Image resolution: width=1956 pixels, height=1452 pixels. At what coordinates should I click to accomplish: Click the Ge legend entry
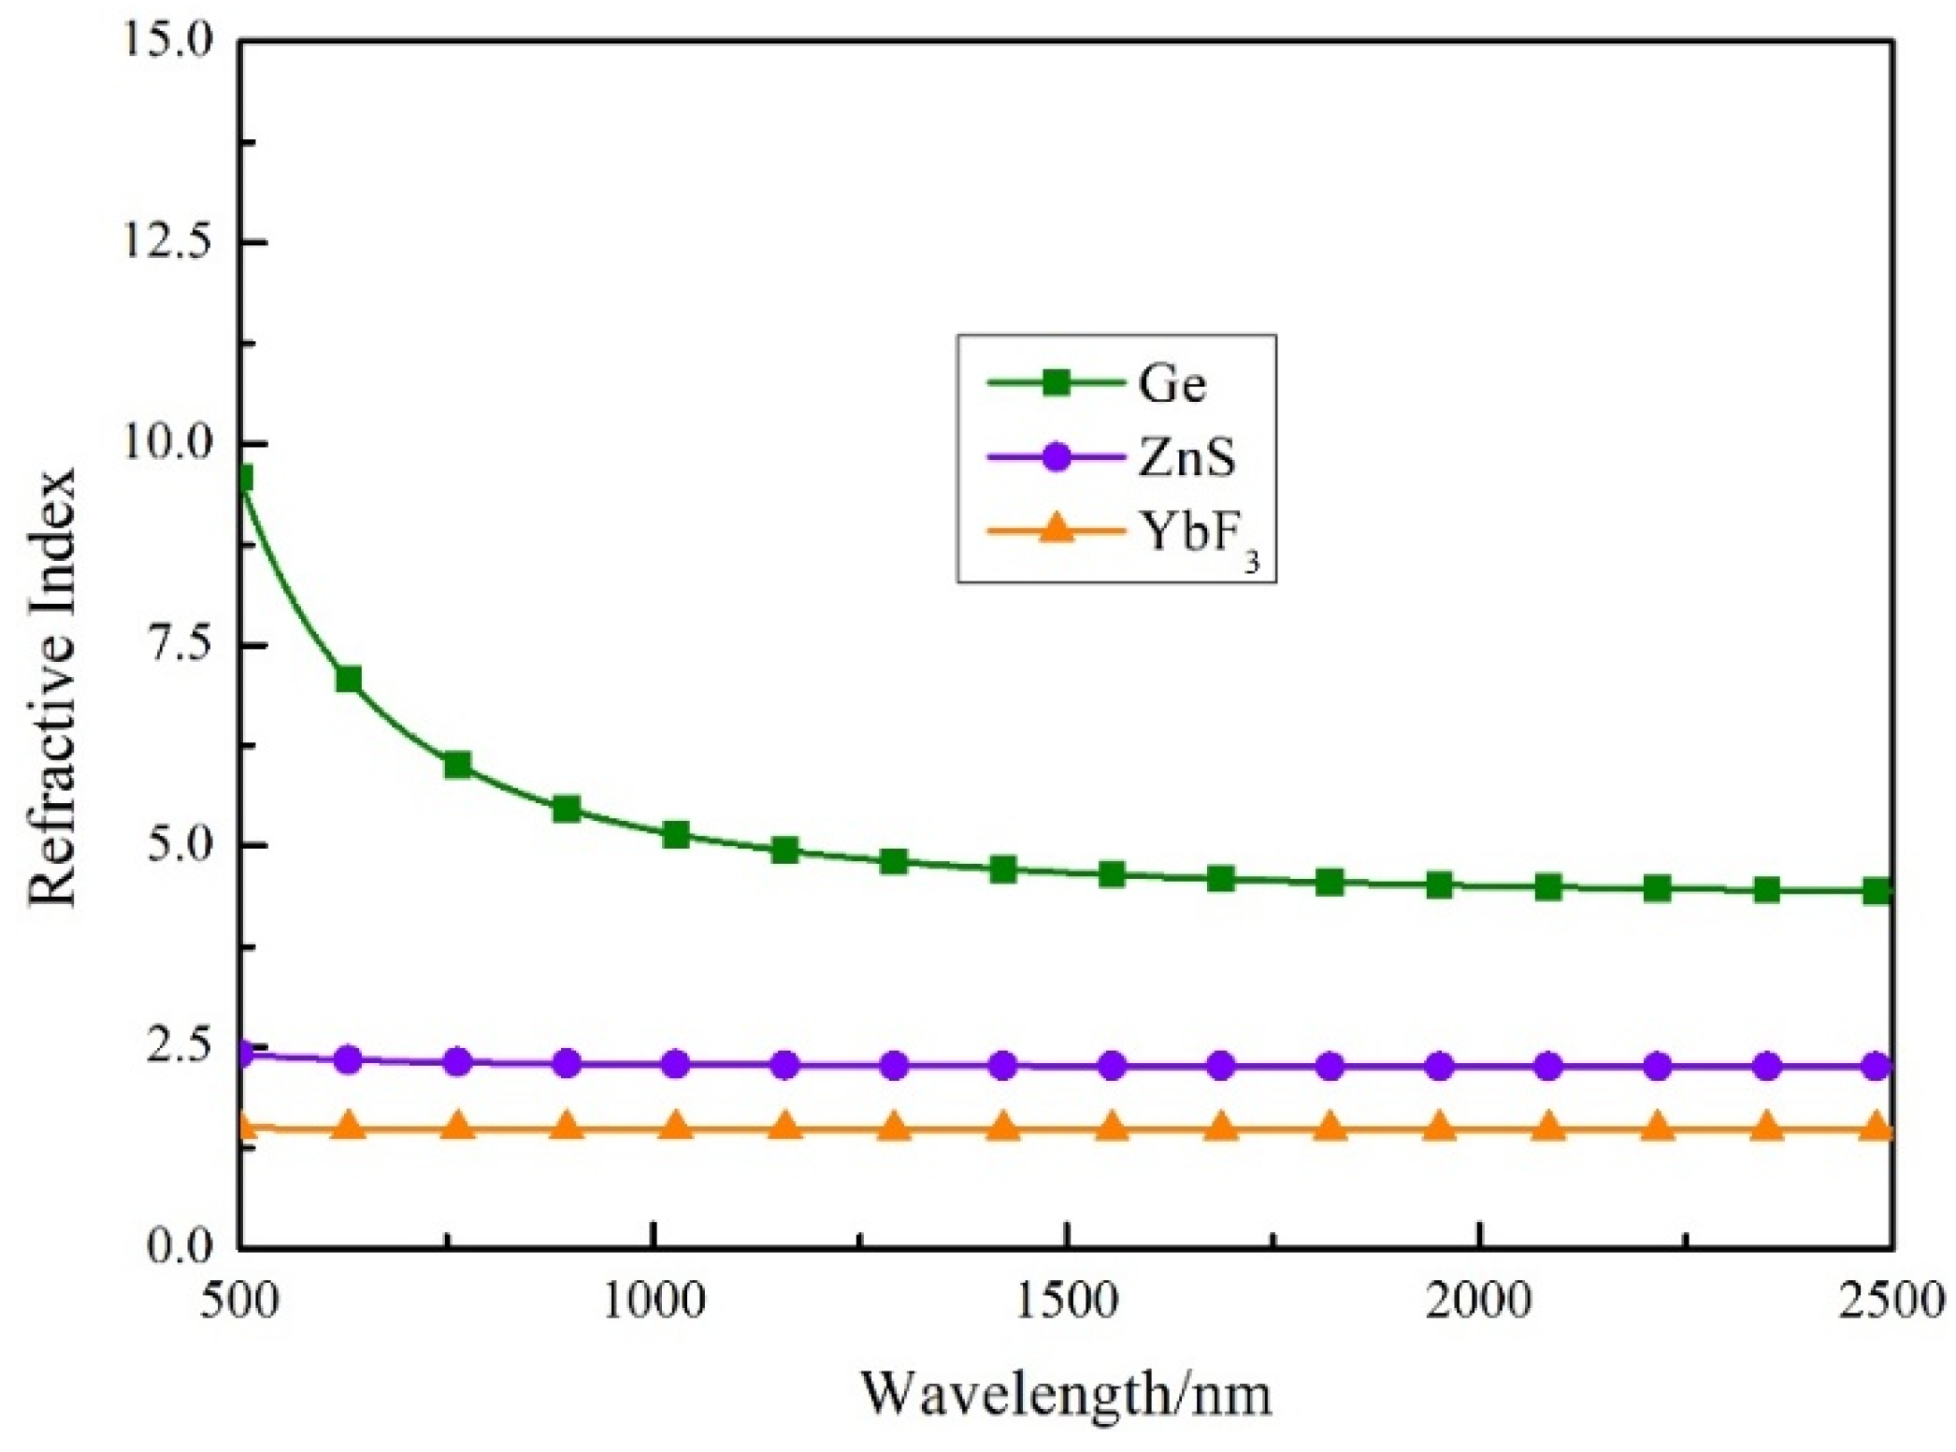[x=1172, y=383]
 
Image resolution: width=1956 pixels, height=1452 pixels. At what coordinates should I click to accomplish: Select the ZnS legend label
[x=1187, y=458]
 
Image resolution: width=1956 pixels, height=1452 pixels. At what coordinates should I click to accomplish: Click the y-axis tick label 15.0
[x=170, y=42]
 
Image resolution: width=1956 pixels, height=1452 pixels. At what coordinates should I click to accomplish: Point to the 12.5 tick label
[x=170, y=242]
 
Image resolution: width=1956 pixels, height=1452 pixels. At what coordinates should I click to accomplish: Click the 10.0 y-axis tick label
[x=170, y=443]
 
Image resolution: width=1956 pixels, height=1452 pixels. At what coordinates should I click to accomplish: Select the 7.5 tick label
[x=183, y=644]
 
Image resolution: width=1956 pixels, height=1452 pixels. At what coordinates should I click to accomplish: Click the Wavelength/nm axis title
[x=1066, y=1394]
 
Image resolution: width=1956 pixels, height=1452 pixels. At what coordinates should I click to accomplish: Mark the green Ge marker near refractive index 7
[x=349, y=679]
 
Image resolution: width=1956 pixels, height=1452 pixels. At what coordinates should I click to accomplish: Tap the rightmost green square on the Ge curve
[x=1876, y=891]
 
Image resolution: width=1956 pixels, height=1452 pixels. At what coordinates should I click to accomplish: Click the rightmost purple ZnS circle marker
[x=1876, y=1066]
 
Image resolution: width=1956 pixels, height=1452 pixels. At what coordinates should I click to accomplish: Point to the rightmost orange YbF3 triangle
[x=1876, y=1127]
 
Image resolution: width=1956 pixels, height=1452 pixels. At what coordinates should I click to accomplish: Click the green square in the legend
[x=1057, y=382]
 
